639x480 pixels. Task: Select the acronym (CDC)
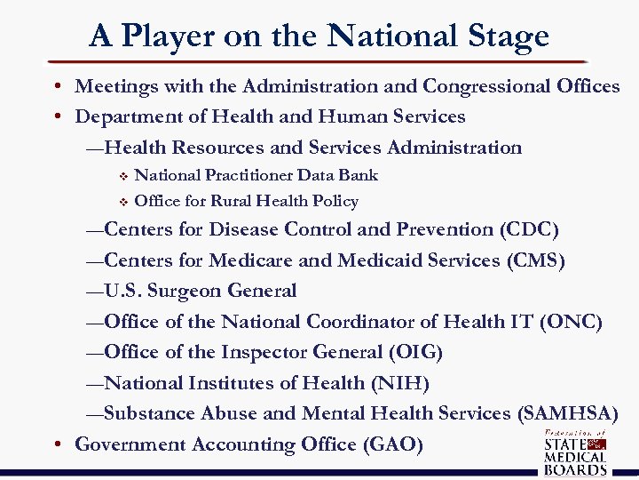[x=529, y=230]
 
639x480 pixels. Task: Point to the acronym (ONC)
[x=571, y=322]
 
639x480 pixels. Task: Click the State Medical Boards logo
[x=574, y=452]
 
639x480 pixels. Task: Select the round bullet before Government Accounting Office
[x=56, y=444]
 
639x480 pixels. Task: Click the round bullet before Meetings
[x=56, y=86]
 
